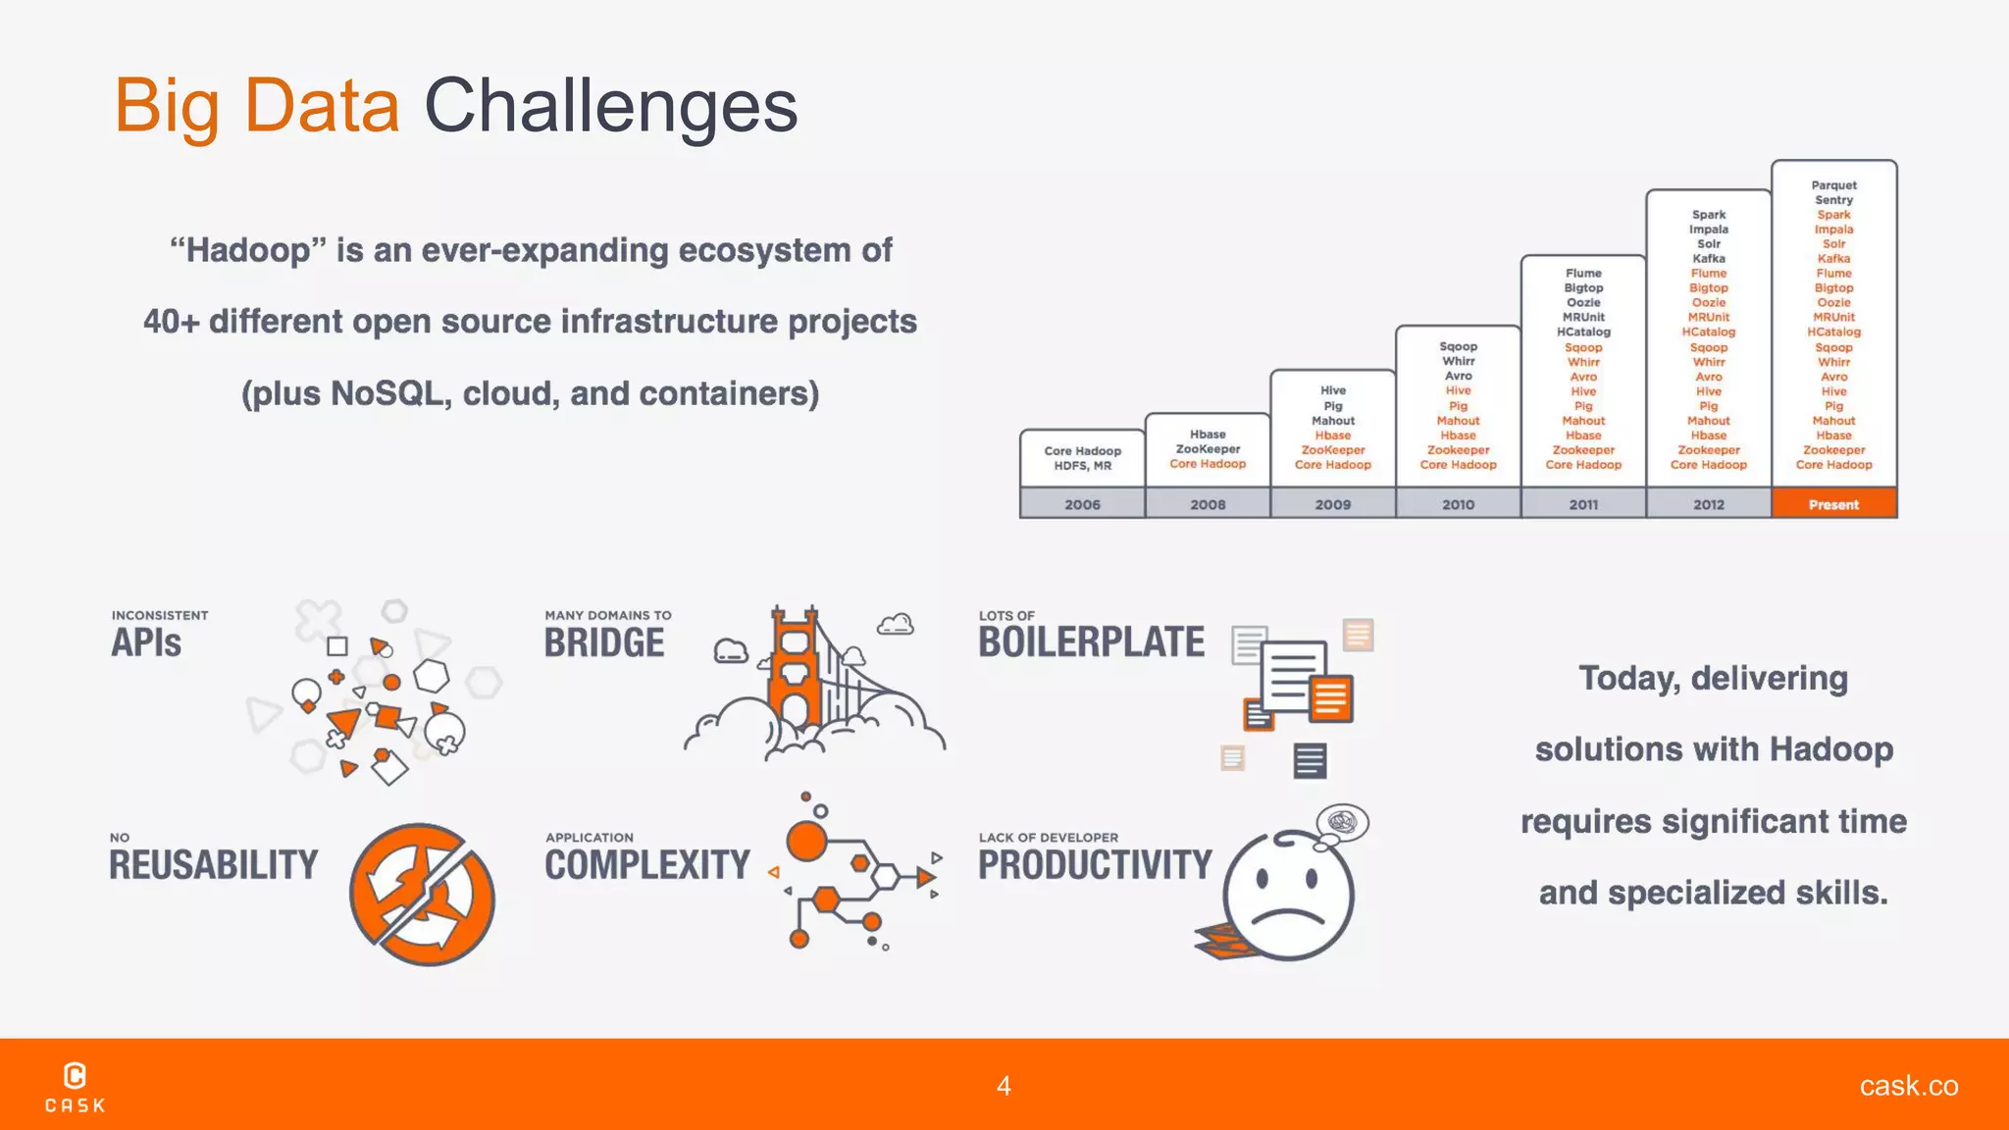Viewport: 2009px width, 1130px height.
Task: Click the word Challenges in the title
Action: (610, 106)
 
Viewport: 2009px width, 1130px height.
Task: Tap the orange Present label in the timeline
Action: (1832, 504)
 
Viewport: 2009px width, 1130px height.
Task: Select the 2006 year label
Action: (1082, 504)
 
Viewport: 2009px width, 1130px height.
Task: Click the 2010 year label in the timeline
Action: (1458, 504)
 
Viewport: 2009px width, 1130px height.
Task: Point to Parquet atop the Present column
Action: (1833, 185)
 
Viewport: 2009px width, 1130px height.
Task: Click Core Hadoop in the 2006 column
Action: (1082, 451)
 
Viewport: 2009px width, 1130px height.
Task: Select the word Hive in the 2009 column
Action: (1332, 390)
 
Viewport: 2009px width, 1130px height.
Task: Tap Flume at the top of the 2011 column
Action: (1583, 274)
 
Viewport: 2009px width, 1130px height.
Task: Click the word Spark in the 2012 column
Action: (1708, 215)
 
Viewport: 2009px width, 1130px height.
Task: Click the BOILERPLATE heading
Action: (1091, 642)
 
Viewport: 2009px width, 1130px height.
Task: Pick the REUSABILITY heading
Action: (213, 865)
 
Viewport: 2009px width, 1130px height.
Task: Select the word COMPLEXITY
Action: (647, 865)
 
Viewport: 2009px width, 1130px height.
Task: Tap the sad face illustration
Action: (1287, 895)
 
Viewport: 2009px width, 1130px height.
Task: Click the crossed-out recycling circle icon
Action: (422, 895)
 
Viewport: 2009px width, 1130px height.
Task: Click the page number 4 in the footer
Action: (1004, 1086)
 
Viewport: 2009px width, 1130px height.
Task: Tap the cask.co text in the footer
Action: (1908, 1086)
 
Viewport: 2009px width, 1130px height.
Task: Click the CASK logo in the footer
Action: (75, 1087)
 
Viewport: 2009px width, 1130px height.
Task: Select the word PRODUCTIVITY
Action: (1095, 865)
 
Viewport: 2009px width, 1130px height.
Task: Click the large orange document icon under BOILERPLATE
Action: (1330, 698)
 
